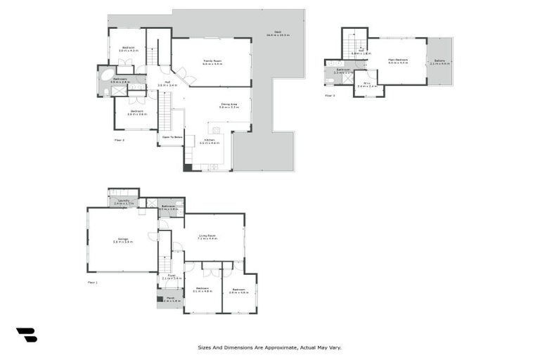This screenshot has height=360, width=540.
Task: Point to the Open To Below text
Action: point(172,137)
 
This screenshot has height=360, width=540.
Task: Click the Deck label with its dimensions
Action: point(278,34)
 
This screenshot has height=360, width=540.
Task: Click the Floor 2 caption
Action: point(120,140)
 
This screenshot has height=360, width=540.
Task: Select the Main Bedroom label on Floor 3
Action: point(398,60)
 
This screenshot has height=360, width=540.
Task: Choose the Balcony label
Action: point(440,62)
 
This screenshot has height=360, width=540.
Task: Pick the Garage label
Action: point(123,240)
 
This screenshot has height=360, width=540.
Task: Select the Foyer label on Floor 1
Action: point(172,276)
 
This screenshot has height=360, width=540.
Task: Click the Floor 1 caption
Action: point(92,282)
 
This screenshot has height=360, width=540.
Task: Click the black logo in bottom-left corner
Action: point(26,335)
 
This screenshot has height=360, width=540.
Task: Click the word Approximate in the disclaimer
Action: point(278,347)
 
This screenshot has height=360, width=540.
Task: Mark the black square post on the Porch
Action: point(160,297)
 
